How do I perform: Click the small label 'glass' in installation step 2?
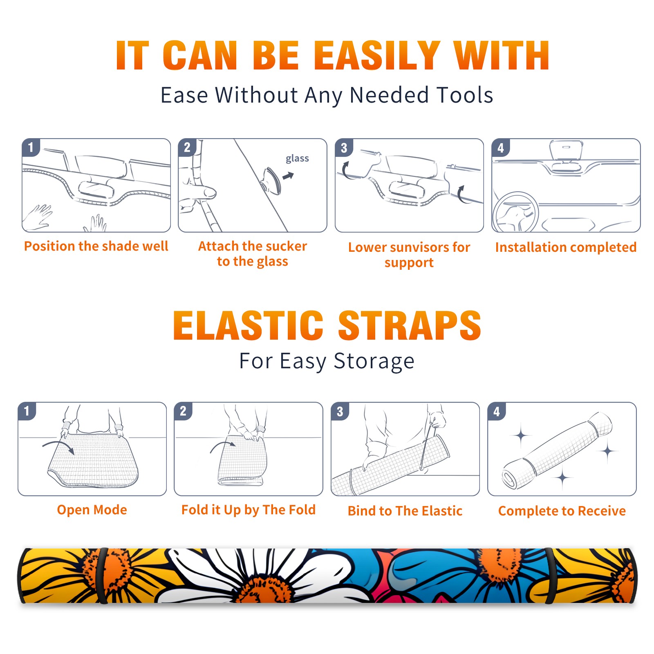[x=297, y=158]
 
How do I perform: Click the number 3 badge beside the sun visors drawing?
[x=344, y=148]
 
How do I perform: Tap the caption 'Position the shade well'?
[x=96, y=246]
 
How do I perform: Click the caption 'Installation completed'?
[x=566, y=247]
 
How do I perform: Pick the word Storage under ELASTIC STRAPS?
[x=374, y=361]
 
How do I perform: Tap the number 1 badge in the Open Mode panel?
[x=27, y=411]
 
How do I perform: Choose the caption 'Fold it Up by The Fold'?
[x=249, y=510]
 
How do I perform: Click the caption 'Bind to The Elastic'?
[x=405, y=511]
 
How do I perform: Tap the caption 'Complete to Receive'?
[x=562, y=511]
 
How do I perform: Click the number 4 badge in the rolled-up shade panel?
[x=497, y=411]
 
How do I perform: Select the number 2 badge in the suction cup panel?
[x=187, y=148]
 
